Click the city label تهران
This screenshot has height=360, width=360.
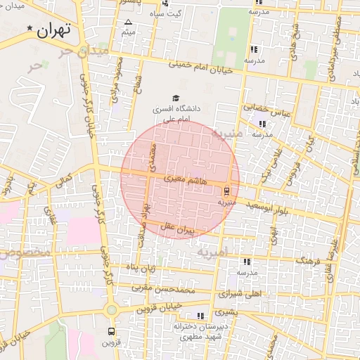pyautogui.click(x=57, y=31)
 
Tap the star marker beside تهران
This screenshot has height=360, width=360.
pyautogui.click(x=30, y=29)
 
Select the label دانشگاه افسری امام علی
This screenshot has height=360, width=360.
pyautogui.click(x=176, y=114)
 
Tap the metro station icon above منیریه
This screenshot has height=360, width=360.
pyautogui.click(x=226, y=191)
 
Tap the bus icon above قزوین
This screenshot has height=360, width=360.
pyautogui.click(x=110, y=330)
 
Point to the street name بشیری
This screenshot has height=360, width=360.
pyautogui.click(x=226, y=311)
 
